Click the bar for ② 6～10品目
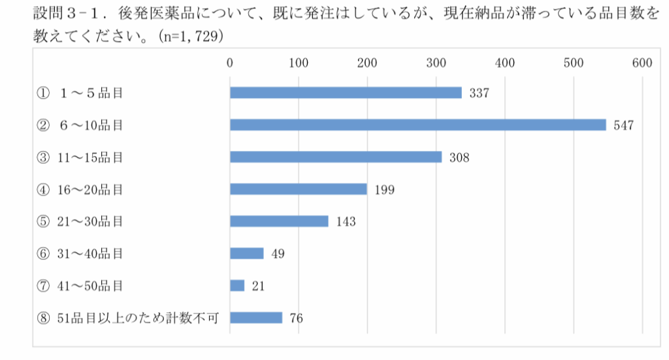(x=418, y=125)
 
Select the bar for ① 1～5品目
(x=346, y=93)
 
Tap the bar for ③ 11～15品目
(x=336, y=157)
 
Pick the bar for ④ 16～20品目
(x=298, y=189)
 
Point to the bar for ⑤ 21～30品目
(x=279, y=221)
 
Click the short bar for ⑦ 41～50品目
(x=237, y=286)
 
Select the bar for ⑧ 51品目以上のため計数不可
(x=256, y=318)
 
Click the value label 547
(x=624, y=125)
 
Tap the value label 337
(x=479, y=93)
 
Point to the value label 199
(x=384, y=189)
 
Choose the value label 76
(x=296, y=318)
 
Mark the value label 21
(x=258, y=286)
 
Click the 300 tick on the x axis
(x=436, y=63)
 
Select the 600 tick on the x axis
(x=642, y=63)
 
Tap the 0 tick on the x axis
(x=230, y=63)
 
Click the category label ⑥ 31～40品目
(x=80, y=254)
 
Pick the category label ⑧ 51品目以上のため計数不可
(x=127, y=318)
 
